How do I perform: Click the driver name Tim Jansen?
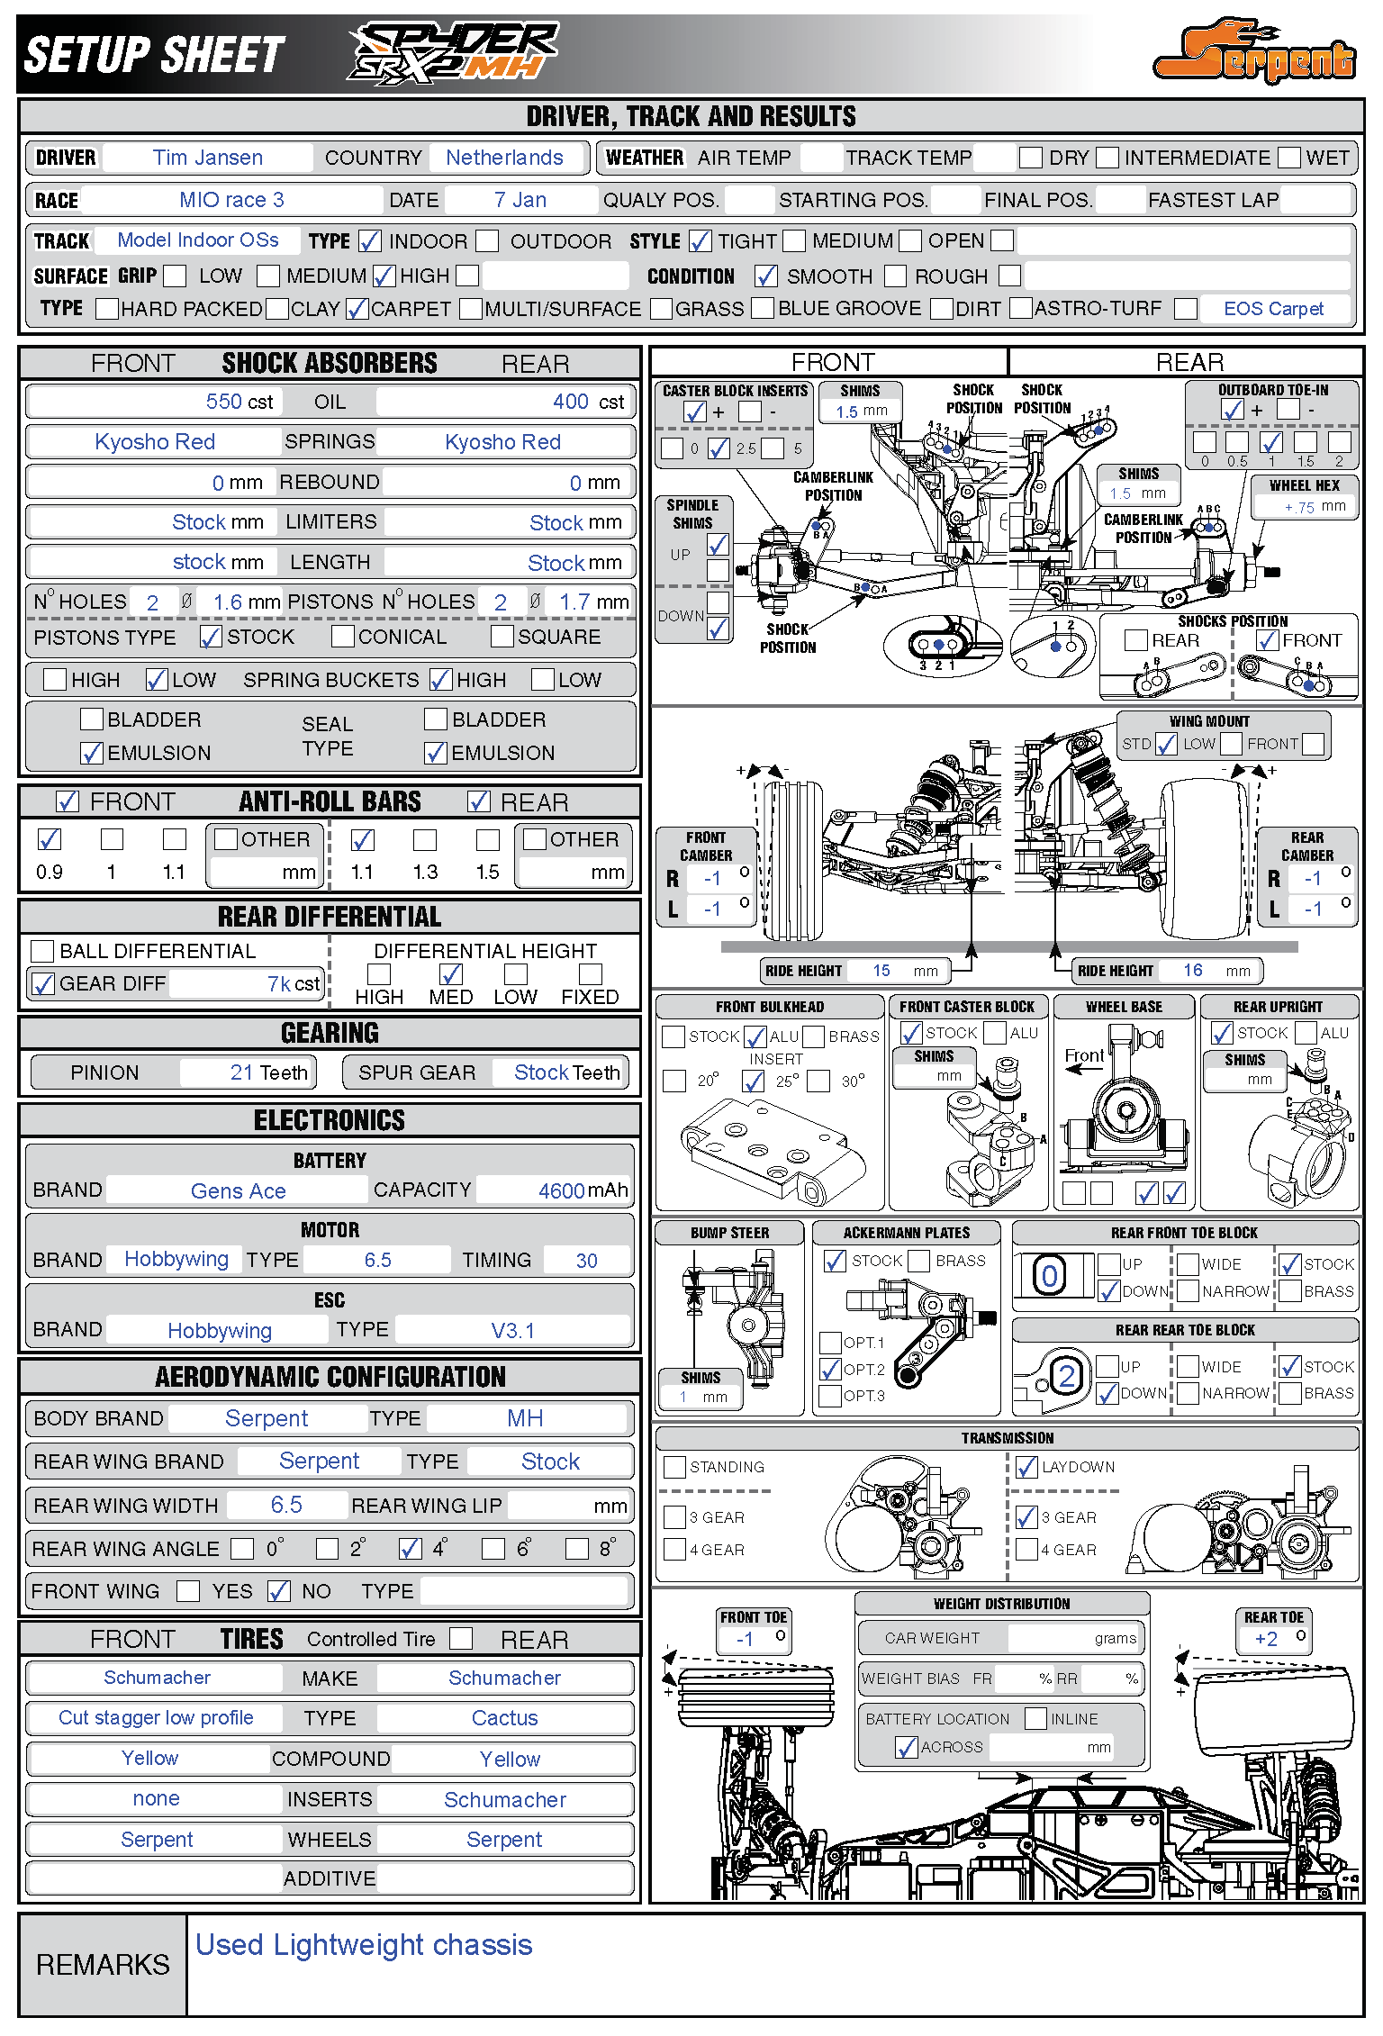pyautogui.click(x=208, y=158)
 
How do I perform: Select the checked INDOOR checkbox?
pyautogui.click(x=369, y=241)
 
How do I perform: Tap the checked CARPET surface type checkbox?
pyautogui.click(x=357, y=309)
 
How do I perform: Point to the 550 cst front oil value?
pyautogui.click(x=239, y=402)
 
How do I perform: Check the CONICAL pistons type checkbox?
pyautogui.click(x=342, y=637)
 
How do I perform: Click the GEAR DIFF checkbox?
pyautogui.click(x=42, y=983)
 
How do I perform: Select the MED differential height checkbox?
pyautogui.click(x=450, y=974)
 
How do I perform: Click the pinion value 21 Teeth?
pyautogui.click(x=268, y=1072)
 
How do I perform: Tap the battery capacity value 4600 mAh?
pyautogui.click(x=582, y=1190)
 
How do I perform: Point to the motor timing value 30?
pyautogui.click(x=586, y=1261)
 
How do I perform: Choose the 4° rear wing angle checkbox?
pyautogui.click(x=411, y=1549)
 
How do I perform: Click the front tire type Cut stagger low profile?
pyautogui.click(x=156, y=1718)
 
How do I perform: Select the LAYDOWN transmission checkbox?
pyautogui.click(x=1026, y=1467)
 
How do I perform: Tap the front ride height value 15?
pyautogui.click(x=881, y=971)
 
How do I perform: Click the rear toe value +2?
pyautogui.click(x=1266, y=1639)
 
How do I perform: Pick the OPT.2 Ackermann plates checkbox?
pyautogui.click(x=830, y=1370)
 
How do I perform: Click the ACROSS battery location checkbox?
pyautogui.click(x=906, y=1747)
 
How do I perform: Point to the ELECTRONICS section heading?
pyautogui.click(x=330, y=1120)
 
